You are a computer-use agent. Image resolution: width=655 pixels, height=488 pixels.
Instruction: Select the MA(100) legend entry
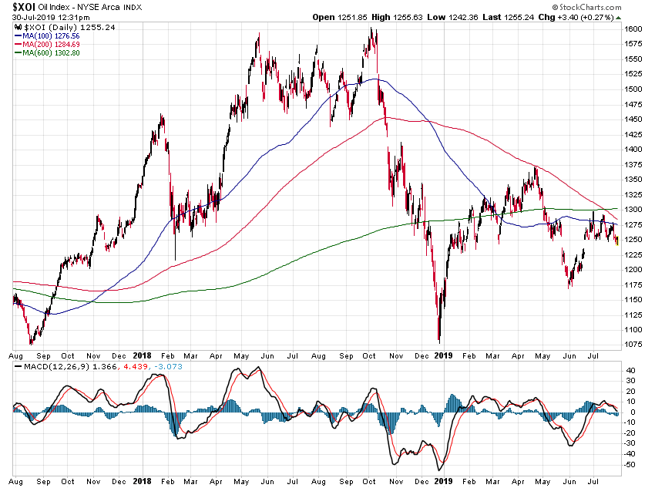click(x=51, y=36)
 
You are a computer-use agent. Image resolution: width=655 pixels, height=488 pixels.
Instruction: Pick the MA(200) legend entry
click(x=51, y=45)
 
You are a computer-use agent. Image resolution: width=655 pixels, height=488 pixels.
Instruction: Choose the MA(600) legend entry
click(x=51, y=53)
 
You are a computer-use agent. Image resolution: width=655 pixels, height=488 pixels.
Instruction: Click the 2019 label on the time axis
click(x=442, y=355)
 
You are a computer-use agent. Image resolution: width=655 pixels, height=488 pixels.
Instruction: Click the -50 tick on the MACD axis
click(x=630, y=465)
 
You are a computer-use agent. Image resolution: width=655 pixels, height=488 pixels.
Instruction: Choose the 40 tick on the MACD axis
click(x=629, y=370)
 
